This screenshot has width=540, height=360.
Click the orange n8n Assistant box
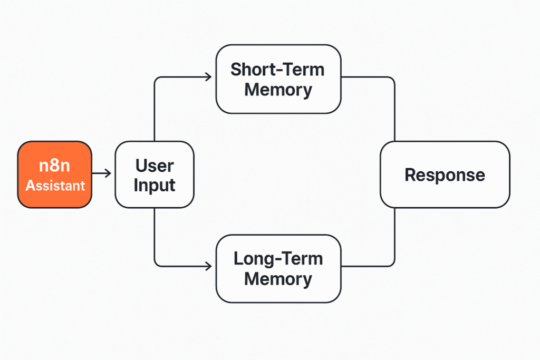click(55, 174)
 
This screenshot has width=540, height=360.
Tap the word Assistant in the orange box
click(55, 186)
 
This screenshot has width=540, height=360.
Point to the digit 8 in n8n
click(55, 166)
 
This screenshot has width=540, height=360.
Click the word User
click(154, 166)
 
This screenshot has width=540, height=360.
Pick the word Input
click(154, 186)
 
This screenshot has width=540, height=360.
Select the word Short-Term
click(277, 70)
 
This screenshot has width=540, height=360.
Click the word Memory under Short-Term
click(278, 90)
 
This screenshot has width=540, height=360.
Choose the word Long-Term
click(278, 259)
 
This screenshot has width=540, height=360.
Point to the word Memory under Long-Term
click(278, 278)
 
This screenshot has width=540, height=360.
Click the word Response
click(445, 175)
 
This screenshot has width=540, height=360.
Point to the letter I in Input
click(136, 186)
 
